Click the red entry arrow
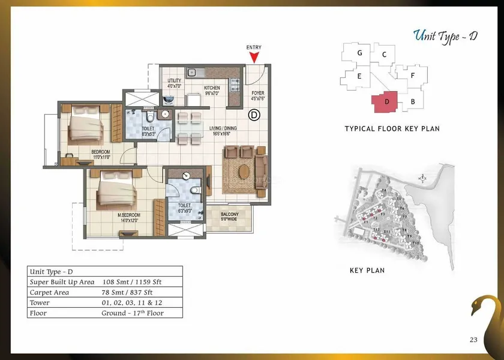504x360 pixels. pyautogui.click(x=254, y=57)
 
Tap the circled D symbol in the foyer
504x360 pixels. pyautogui.click(x=254, y=114)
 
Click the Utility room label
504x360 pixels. pyautogui.click(x=174, y=83)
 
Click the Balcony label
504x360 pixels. pyautogui.click(x=229, y=217)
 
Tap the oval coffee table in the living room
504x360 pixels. pyautogui.click(x=244, y=171)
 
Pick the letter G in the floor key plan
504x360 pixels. pyautogui.click(x=359, y=53)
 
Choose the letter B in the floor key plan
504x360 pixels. pyautogui.click(x=413, y=102)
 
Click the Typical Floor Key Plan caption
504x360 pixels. pyautogui.click(x=392, y=129)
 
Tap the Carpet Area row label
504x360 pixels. pyautogui.click(x=50, y=292)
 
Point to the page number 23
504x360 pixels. pyautogui.click(x=473, y=340)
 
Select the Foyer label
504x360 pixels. pyautogui.click(x=257, y=93)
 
